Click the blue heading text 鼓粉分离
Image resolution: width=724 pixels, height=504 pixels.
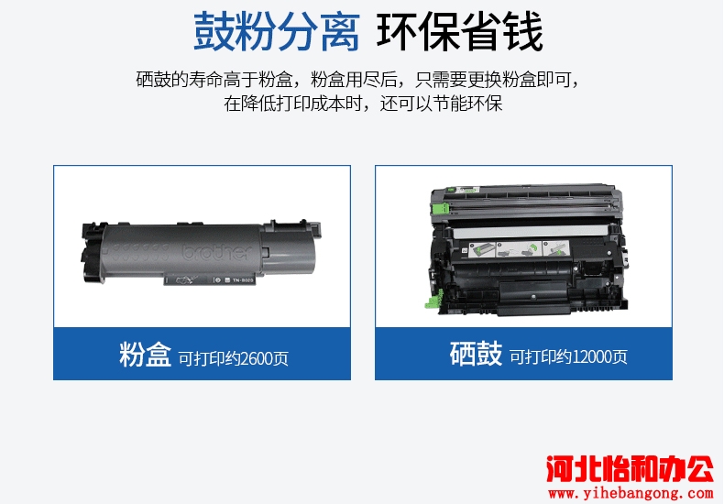[277, 32]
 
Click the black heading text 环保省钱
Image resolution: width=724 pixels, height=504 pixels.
[459, 32]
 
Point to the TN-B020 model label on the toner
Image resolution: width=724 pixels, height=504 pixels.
[243, 279]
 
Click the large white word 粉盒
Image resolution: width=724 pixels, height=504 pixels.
[146, 355]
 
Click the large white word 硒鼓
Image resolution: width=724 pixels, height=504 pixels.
[476, 354]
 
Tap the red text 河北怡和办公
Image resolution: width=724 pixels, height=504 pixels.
[631, 469]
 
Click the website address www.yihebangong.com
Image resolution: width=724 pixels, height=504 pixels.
[631, 493]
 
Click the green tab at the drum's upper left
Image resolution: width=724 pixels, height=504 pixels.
[440, 208]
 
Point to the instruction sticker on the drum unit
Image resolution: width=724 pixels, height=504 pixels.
[520, 249]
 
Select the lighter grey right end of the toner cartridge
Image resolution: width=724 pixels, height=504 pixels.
[289, 246]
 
